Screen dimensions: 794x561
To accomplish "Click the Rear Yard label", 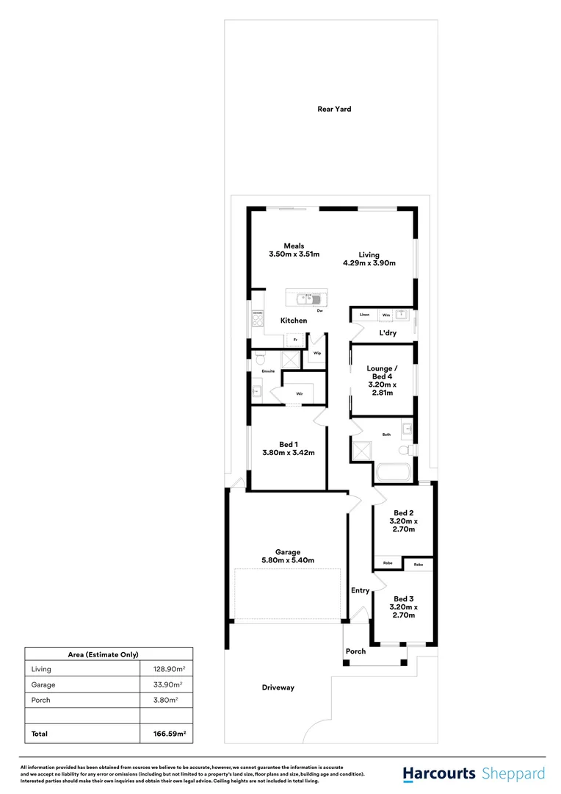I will (x=334, y=109).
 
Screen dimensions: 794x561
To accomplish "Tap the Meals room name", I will (x=294, y=246).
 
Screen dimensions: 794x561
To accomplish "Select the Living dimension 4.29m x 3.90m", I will (x=369, y=263).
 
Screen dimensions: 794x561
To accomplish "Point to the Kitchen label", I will (x=294, y=321).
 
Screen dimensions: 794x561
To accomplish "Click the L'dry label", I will (x=388, y=333).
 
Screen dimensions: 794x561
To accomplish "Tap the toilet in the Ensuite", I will (x=259, y=360).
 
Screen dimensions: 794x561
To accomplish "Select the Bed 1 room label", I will (x=288, y=444).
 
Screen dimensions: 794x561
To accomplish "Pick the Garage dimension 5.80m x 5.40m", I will (x=288, y=561).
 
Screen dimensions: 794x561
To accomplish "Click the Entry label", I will (x=360, y=590).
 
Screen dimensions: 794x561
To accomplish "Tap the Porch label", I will (x=355, y=651).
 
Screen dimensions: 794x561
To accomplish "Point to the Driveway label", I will (x=278, y=687).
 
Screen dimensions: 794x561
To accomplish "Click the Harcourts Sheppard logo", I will (x=474, y=773).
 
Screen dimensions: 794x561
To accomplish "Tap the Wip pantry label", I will (x=317, y=354).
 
